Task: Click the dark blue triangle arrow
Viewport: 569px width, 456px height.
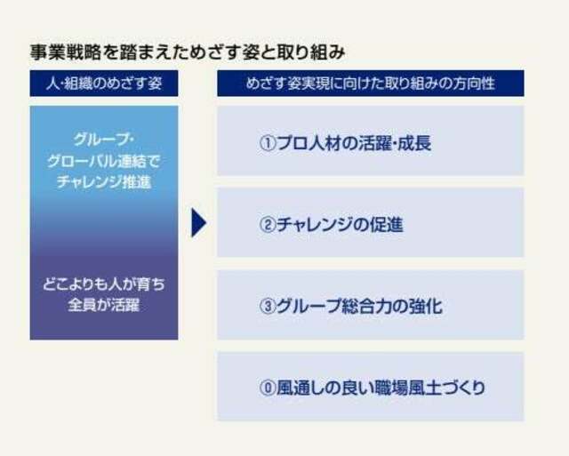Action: click(x=198, y=223)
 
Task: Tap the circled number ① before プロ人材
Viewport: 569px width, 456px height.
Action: click(x=268, y=143)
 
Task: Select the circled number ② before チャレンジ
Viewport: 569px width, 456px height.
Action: click(x=268, y=225)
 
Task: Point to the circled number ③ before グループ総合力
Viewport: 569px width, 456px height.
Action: click(x=268, y=307)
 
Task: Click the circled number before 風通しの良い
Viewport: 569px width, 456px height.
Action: click(x=268, y=388)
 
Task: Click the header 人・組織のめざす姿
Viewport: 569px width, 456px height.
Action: click(x=104, y=84)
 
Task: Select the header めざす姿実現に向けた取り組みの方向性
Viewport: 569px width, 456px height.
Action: click(x=371, y=84)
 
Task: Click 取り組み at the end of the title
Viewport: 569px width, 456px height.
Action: click(x=310, y=52)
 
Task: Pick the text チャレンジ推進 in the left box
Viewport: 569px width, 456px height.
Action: click(x=104, y=182)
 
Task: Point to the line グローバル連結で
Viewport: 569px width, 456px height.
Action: click(x=104, y=162)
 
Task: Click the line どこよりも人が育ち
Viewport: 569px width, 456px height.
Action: click(x=104, y=284)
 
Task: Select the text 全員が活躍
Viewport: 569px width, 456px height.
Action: click(x=104, y=305)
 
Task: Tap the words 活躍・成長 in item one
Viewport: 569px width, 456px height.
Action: click(x=395, y=143)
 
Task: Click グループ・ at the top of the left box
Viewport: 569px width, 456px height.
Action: click(x=104, y=140)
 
